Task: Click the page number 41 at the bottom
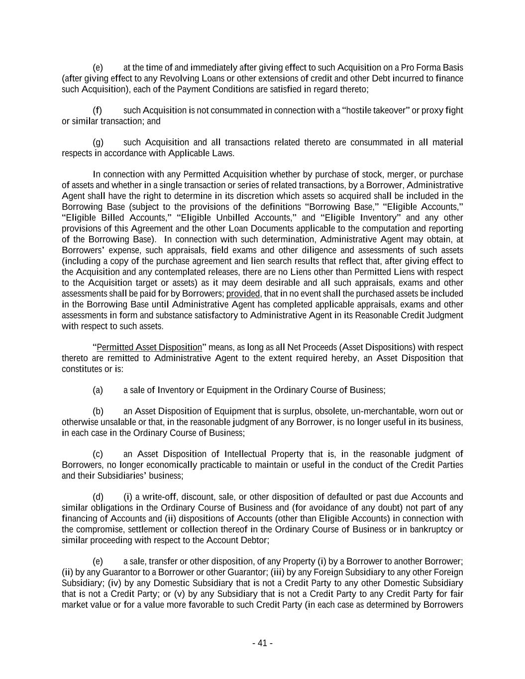point(262,643)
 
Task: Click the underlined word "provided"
point(243,293)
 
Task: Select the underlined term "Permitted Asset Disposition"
point(149,347)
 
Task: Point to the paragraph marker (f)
point(98,110)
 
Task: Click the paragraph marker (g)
point(98,143)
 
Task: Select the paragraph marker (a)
point(98,390)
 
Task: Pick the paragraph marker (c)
point(98,454)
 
